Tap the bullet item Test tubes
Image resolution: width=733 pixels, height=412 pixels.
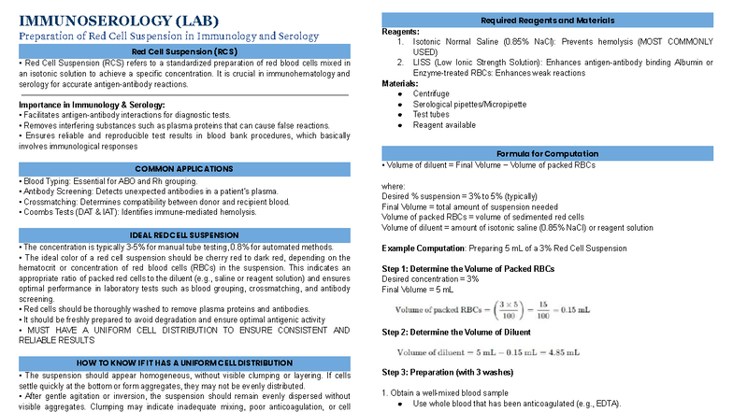coord(434,115)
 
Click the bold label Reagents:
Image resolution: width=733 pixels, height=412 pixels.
coord(401,32)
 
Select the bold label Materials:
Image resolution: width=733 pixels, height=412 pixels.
coord(401,83)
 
